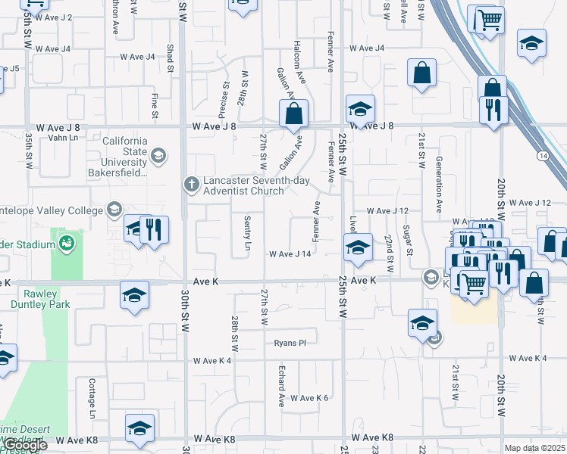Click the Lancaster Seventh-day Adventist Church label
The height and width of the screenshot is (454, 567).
(x=242, y=188)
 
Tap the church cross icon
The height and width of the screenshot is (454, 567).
(x=190, y=183)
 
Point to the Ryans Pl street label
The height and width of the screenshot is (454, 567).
(x=290, y=343)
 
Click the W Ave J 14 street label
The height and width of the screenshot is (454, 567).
(x=290, y=254)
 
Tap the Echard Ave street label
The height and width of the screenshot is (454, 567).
(x=280, y=386)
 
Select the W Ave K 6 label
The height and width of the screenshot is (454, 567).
(x=309, y=398)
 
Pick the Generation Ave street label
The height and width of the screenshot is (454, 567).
(x=438, y=184)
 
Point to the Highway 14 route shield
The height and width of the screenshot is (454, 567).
(x=543, y=156)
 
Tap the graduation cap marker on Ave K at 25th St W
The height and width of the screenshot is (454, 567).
(x=358, y=247)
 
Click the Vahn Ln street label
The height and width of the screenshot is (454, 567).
(x=63, y=137)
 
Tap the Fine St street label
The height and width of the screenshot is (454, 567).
(x=155, y=106)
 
